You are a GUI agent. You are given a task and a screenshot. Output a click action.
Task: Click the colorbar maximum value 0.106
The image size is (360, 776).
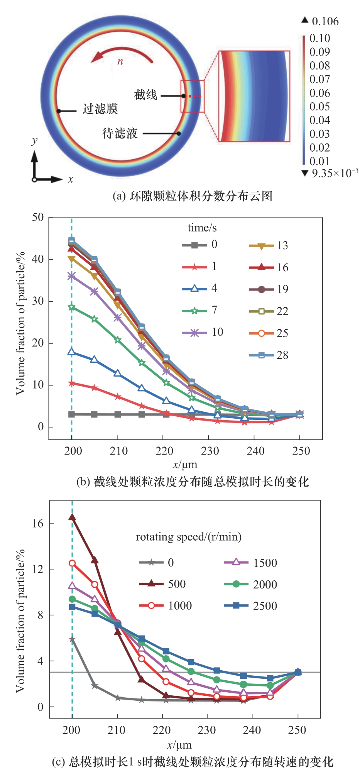point(325,21)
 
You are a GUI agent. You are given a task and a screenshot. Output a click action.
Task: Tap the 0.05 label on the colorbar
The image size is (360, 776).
point(319,107)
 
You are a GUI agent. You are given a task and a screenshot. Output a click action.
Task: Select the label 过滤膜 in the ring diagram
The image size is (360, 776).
point(100,109)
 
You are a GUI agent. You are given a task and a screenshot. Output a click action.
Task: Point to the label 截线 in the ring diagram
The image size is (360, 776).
point(145,95)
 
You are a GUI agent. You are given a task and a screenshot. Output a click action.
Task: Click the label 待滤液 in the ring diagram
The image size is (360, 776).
point(120,134)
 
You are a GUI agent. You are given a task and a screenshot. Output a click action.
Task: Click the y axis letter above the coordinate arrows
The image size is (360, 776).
point(35,140)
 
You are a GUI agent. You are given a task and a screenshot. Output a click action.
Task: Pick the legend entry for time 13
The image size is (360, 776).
point(269,245)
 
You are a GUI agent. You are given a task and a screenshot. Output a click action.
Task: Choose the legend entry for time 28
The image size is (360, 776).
point(269,355)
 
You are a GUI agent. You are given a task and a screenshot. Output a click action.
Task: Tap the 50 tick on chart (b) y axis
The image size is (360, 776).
point(38,217)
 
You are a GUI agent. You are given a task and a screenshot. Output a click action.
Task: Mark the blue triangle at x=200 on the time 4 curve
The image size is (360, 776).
point(71,352)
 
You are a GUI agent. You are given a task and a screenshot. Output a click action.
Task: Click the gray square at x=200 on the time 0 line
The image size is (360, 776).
point(71,414)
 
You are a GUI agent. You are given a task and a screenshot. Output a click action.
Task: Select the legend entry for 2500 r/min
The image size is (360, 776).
point(250,606)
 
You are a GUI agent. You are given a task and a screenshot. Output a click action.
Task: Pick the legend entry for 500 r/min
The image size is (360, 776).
point(162,584)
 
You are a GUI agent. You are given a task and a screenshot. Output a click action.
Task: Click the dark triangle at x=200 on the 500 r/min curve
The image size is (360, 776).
point(72,517)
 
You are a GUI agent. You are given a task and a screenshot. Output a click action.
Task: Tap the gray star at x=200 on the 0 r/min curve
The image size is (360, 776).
point(72,639)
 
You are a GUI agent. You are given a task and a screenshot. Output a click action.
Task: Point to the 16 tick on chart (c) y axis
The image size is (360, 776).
point(38,523)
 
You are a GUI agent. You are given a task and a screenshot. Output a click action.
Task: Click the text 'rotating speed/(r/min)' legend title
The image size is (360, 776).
point(189,537)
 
